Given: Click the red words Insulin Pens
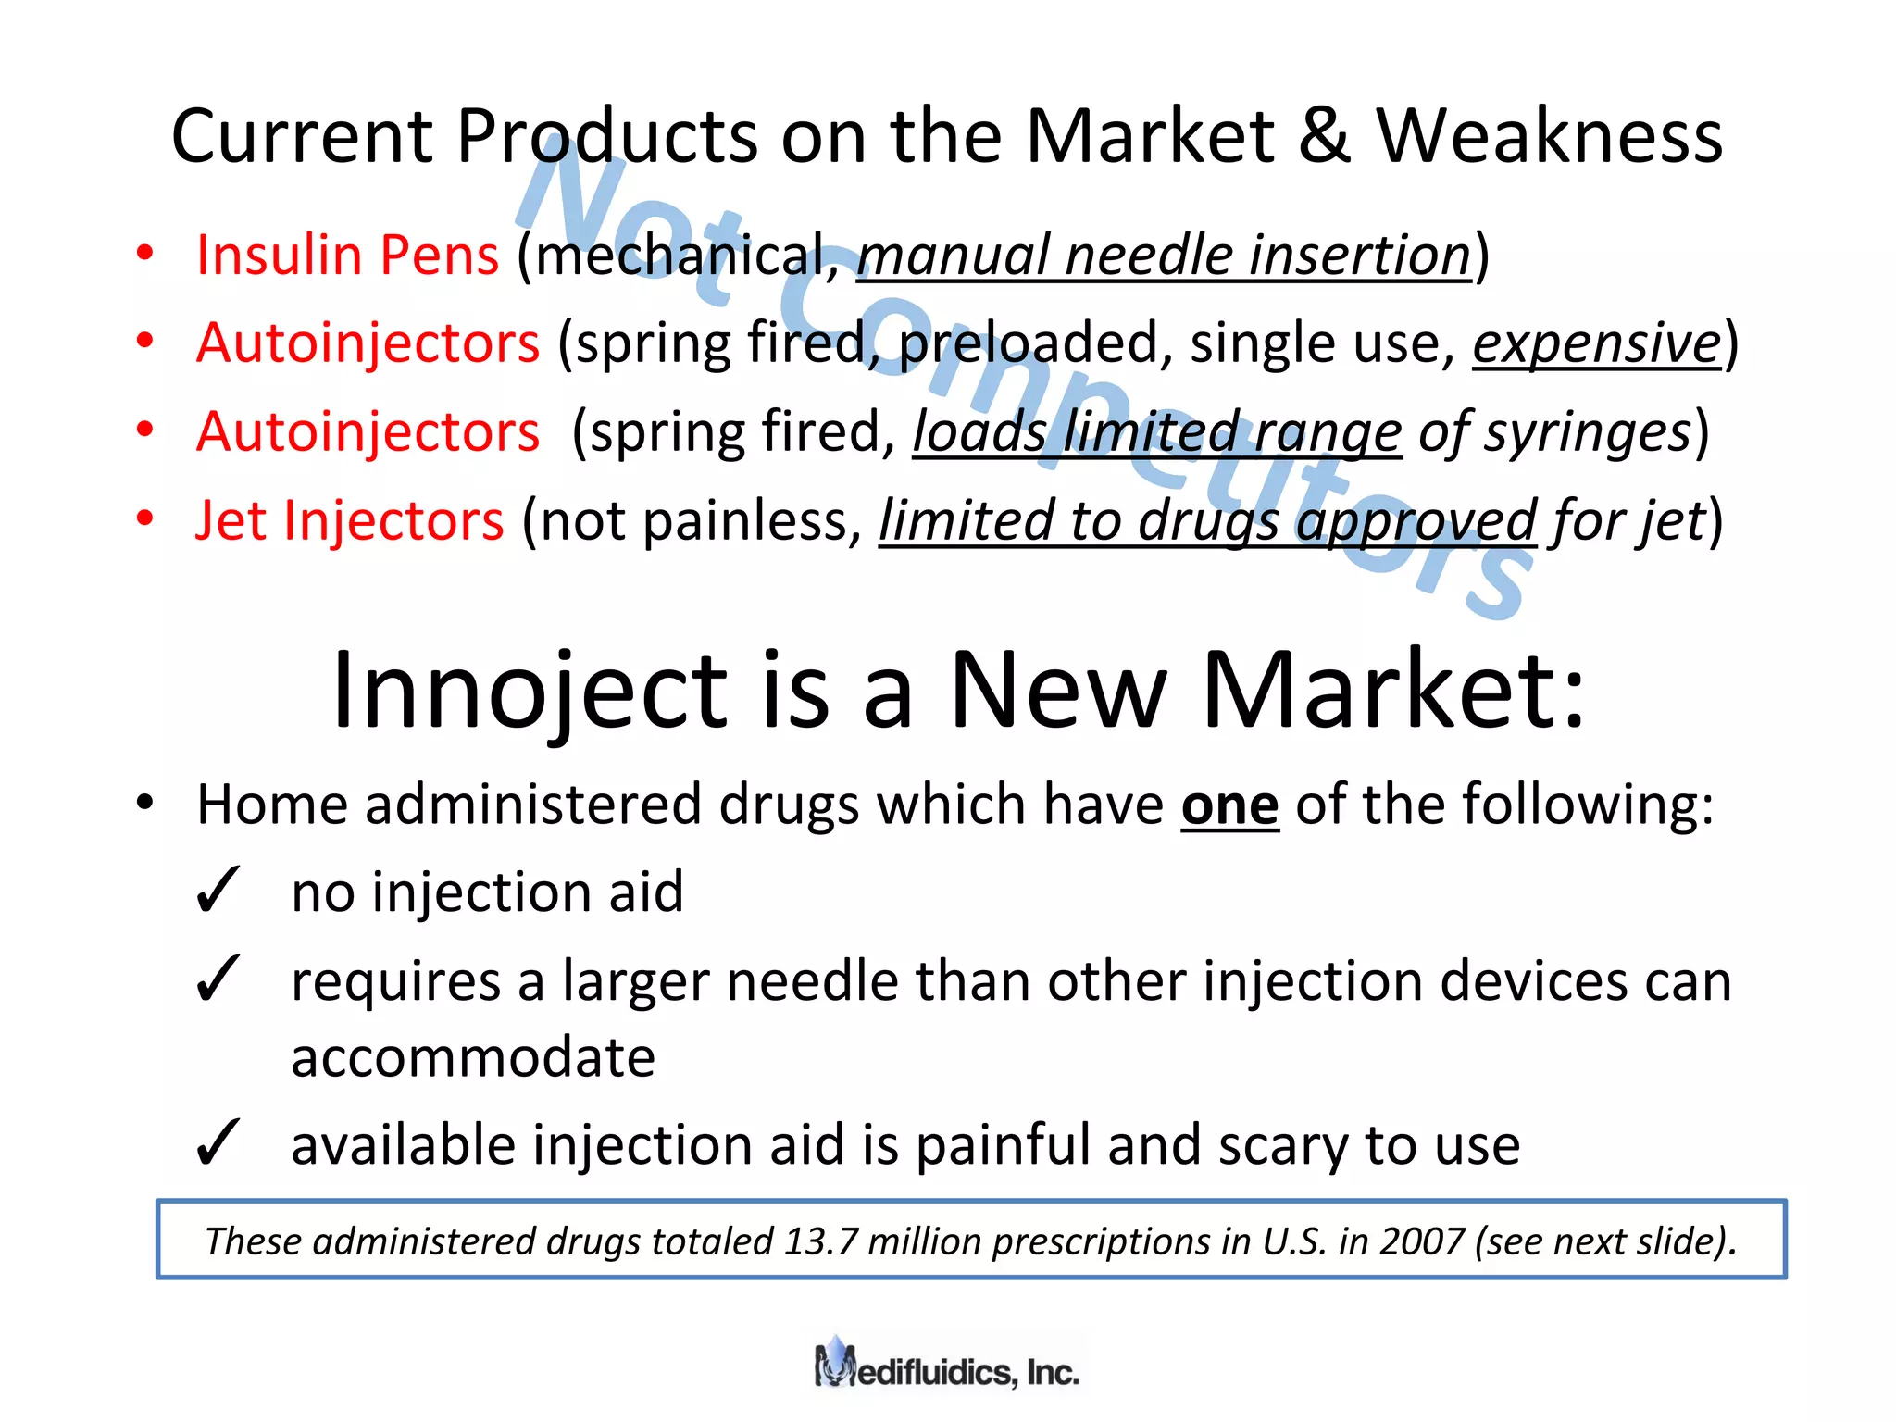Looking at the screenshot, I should [x=347, y=256].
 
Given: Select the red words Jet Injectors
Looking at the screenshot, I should [x=350, y=521].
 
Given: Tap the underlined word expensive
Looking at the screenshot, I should [x=1596, y=344].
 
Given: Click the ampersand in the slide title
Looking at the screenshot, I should [x=1324, y=137].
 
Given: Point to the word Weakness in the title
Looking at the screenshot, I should [x=1549, y=137].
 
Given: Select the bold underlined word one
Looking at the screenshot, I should [x=1229, y=805].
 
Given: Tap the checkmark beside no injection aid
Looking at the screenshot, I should [x=218, y=892].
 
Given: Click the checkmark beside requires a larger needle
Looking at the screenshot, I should [x=218, y=980].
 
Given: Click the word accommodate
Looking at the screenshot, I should [x=473, y=1057].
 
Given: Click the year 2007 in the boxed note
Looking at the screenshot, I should [x=1421, y=1241].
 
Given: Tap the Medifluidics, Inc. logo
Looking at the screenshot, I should [x=947, y=1366].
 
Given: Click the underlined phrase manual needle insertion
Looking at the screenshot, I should [x=1164, y=256].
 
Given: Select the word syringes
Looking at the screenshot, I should [x=1587, y=433].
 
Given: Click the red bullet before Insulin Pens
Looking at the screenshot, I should [x=144, y=254].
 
